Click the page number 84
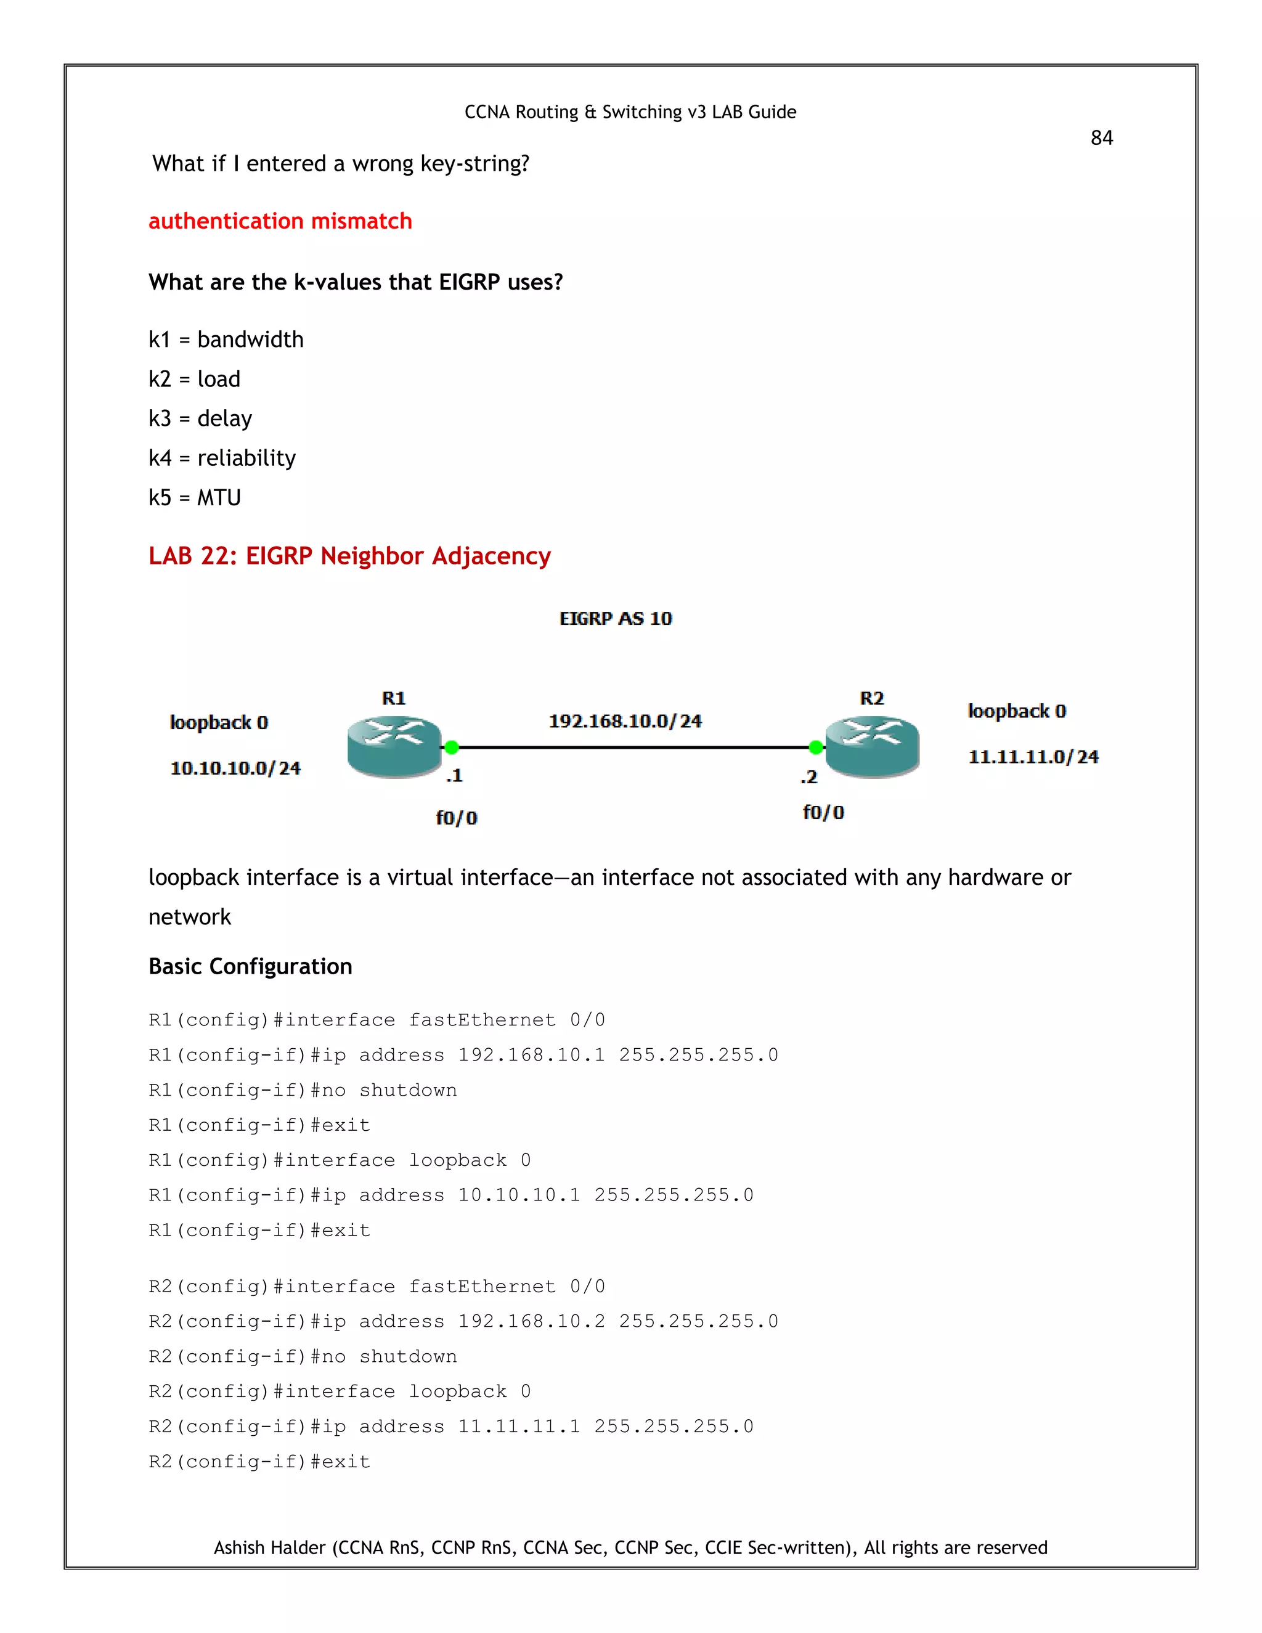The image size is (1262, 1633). pyautogui.click(x=1101, y=137)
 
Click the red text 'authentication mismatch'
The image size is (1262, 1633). pyautogui.click(x=280, y=221)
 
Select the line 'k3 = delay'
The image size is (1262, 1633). pyautogui.click(x=200, y=418)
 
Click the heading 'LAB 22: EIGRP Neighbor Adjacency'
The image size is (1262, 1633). pyautogui.click(x=349, y=556)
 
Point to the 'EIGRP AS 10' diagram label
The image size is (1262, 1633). pyautogui.click(x=616, y=618)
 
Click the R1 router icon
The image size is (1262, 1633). pyautogui.click(x=394, y=746)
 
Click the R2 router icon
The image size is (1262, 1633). pyautogui.click(x=872, y=746)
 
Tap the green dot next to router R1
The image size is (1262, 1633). pyautogui.click(x=452, y=747)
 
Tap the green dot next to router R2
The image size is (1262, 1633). pyautogui.click(x=816, y=747)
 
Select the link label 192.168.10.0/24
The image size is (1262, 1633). pyautogui.click(x=625, y=721)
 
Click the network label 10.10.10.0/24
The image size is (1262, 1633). pyautogui.click(x=235, y=768)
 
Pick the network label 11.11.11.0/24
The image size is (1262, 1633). pyautogui.click(x=1033, y=757)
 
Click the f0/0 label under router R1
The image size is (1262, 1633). pyautogui.click(x=456, y=818)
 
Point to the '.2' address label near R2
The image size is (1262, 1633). pyautogui.click(x=808, y=778)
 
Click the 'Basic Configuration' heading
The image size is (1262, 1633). pyautogui.click(x=250, y=967)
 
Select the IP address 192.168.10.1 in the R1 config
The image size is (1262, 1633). pyautogui.click(x=531, y=1055)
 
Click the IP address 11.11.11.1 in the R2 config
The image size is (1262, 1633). pyautogui.click(x=519, y=1427)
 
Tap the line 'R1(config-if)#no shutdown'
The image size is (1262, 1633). pyautogui.click(x=302, y=1090)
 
